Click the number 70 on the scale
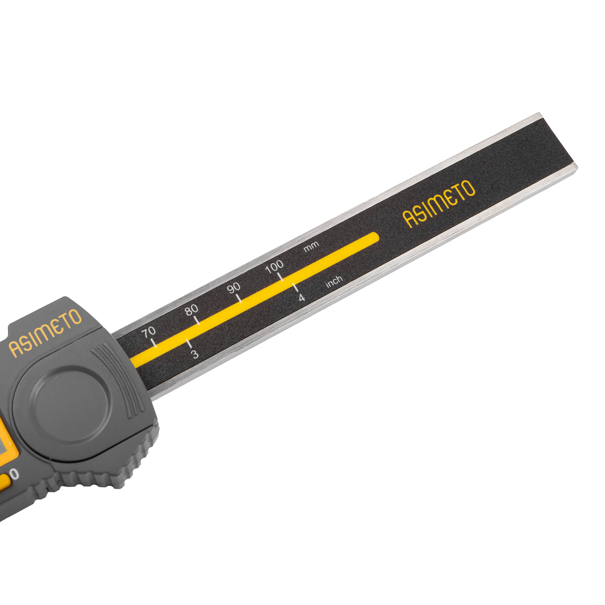148,332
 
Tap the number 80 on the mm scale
192,310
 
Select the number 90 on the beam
234,288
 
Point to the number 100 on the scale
275,267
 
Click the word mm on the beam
311,247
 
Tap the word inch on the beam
334,281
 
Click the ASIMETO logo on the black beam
439,204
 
